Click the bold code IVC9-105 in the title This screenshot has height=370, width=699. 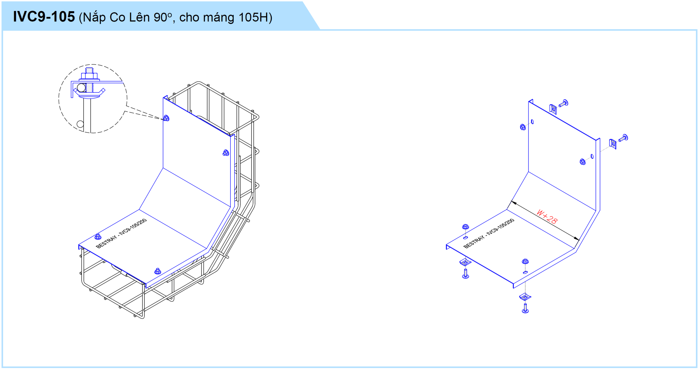(44, 17)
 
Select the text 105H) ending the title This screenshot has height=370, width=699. (255, 17)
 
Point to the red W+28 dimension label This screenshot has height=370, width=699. (547, 217)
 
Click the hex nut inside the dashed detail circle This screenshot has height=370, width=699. (89, 76)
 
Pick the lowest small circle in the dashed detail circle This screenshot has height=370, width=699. (80, 124)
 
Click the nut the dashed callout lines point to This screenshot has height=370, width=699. (166, 118)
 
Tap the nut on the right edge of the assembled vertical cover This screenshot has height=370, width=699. (226, 153)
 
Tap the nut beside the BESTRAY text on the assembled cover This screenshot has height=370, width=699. (98, 236)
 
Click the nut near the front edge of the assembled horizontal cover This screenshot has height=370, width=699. (158, 271)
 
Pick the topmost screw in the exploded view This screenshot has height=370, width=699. (564, 103)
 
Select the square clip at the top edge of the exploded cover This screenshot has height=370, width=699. (553, 109)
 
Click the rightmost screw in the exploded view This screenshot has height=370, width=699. (623, 138)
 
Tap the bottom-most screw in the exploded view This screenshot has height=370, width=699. (525, 309)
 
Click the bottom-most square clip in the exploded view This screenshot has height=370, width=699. (525, 296)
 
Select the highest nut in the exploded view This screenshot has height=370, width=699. (523, 127)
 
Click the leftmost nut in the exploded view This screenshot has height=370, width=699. (466, 227)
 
